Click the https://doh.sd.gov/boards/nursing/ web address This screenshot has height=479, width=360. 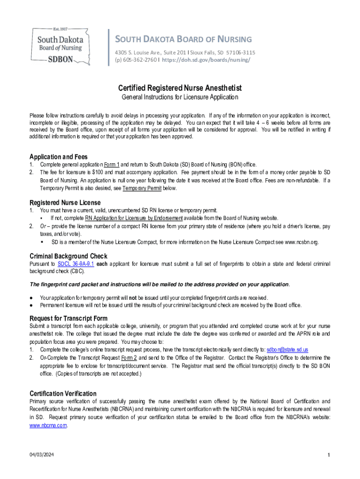click(206, 60)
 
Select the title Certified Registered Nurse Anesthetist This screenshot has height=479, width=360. click(180, 88)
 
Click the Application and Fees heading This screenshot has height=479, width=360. click(58, 157)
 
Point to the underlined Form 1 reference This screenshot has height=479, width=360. click(112, 165)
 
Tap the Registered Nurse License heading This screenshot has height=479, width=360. click(65, 203)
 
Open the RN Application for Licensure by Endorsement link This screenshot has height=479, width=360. click(134, 218)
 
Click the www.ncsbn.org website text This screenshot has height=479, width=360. click(302, 242)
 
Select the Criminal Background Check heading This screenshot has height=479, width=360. click(68, 256)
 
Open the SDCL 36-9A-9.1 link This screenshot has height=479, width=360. click(76, 264)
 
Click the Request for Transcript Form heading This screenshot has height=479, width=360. click(69, 319)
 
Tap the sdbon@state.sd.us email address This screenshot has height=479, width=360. click(287, 349)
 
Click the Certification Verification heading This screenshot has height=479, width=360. click(63, 393)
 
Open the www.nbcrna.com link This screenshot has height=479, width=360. click(48, 425)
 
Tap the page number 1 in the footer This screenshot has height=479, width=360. click(329, 455)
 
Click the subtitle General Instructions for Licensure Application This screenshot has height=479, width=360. click(180, 97)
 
